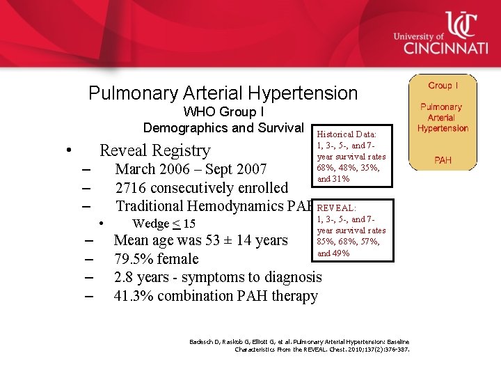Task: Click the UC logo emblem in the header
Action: pyautogui.click(x=461, y=26)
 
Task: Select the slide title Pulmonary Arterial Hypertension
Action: pyautogui.click(x=223, y=93)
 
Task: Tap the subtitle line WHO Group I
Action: pyautogui.click(x=223, y=112)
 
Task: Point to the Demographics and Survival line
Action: pyautogui.click(x=223, y=127)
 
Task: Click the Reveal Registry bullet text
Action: pyautogui.click(x=154, y=150)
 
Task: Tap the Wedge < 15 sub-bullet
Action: pyautogui.click(x=164, y=224)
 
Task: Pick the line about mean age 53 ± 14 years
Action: pyautogui.click(x=200, y=241)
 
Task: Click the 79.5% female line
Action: pyautogui.click(x=156, y=259)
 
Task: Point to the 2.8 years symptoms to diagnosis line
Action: pyautogui.click(x=217, y=277)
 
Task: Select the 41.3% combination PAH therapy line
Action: pyautogui.click(x=216, y=296)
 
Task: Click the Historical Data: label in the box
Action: pyautogui.click(x=347, y=134)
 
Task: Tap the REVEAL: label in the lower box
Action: pyautogui.click(x=337, y=208)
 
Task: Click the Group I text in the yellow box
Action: pyautogui.click(x=443, y=86)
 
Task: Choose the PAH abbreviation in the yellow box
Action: pyautogui.click(x=443, y=160)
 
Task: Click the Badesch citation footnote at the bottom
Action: pyautogui.click(x=299, y=345)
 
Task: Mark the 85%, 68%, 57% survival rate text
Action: pyautogui.click(x=348, y=242)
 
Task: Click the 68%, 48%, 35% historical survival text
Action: pyautogui.click(x=348, y=168)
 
